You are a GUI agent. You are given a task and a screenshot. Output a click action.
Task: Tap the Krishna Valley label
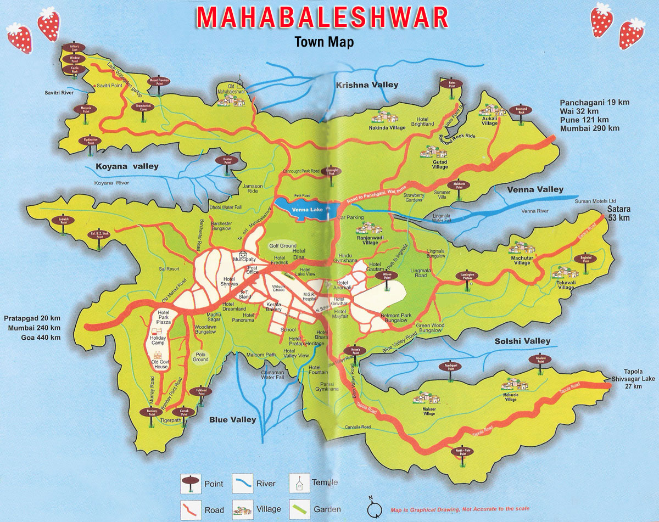[x=367, y=85]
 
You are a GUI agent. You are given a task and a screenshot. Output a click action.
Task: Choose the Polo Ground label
[x=201, y=357]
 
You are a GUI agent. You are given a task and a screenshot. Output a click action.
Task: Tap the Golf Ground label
[x=283, y=246]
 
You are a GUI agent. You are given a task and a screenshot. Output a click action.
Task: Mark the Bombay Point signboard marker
[x=151, y=413]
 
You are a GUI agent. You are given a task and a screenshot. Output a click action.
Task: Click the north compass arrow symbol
[x=374, y=508]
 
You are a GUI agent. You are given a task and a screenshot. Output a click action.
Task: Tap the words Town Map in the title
[x=324, y=42]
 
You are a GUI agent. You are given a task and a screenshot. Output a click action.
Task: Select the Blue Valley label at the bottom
[x=232, y=420]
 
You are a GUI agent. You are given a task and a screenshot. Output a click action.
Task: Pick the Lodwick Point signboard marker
[x=65, y=222]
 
